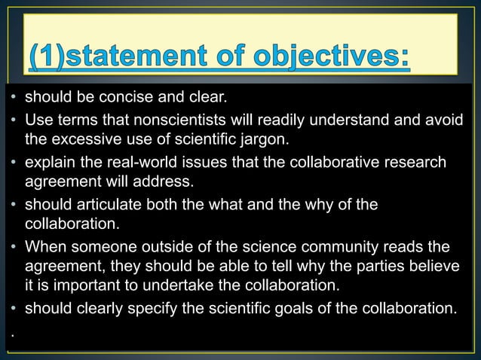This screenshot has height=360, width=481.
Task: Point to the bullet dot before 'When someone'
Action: point(15,247)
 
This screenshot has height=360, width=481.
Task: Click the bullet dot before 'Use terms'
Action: point(15,120)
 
